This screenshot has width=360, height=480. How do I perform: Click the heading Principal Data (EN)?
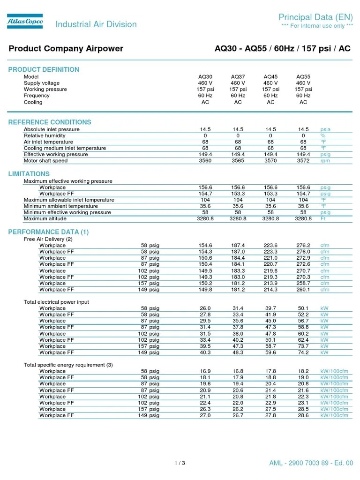(315, 17)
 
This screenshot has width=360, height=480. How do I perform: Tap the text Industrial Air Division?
(96, 24)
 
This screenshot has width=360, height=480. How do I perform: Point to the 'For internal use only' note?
(317, 26)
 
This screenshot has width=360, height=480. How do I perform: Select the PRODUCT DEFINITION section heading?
(44, 69)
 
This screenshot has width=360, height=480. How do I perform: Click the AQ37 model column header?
(238, 77)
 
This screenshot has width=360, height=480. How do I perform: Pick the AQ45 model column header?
(270, 77)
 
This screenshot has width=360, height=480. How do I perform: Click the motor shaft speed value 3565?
(238, 161)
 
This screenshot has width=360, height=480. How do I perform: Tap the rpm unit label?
(325, 161)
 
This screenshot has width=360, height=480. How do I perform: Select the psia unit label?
(326, 129)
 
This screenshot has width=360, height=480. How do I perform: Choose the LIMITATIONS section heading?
(29, 174)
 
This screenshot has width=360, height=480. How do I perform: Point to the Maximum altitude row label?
(45, 218)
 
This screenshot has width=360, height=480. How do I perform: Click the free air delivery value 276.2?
(303, 245)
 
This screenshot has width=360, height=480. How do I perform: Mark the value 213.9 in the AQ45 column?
(270, 283)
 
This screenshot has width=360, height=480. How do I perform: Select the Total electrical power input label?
(56, 302)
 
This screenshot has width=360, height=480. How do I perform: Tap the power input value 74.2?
(303, 352)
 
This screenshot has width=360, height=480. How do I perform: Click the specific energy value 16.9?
(205, 371)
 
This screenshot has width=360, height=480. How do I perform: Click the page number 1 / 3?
(180, 464)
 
